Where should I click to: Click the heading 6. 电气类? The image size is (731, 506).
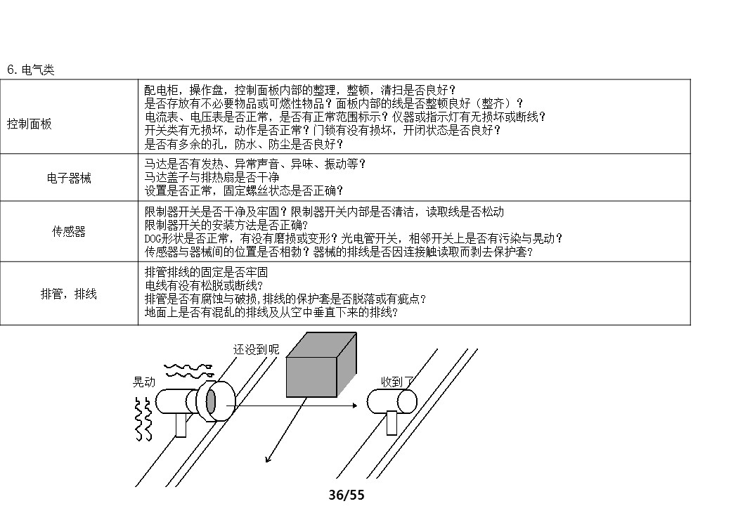click(31, 70)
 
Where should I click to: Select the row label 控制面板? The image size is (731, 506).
click(30, 124)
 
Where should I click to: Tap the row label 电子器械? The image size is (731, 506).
click(69, 178)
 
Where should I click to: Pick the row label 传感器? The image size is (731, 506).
click(69, 232)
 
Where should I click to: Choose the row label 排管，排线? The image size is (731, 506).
click(69, 294)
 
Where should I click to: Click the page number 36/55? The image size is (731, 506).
click(347, 495)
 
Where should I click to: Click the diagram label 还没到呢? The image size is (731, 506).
click(256, 349)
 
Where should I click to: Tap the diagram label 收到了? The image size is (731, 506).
click(398, 381)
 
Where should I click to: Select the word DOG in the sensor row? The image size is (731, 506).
click(153, 239)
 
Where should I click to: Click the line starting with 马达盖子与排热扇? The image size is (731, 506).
click(212, 178)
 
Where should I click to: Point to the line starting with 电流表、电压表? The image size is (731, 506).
click(344, 117)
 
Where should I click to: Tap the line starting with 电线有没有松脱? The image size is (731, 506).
click(204, 286)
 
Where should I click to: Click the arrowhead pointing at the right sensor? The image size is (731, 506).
click(363, 405)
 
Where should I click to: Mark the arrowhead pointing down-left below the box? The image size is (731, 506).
click(267, 460)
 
